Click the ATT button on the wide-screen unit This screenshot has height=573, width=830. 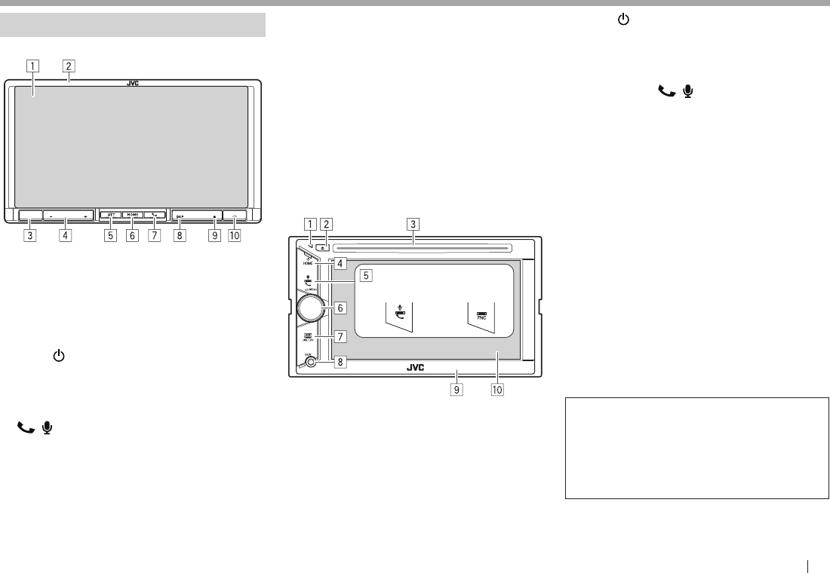pyautogui.click(x=111, y=216)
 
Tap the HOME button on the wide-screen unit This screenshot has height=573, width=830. pyautogui.click(x=132, y=216)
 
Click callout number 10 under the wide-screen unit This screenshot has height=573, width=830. pyautogui.click(x=234, y=235)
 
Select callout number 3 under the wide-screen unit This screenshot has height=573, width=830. pyautogui.click(x=30, y=235)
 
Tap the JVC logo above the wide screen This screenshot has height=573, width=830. pyautogui.click(x=133, y=83)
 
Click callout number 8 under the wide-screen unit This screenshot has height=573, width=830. pyautogui.click(x=180, y=235)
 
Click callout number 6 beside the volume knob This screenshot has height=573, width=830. pyautogui.click(x=341, y=308)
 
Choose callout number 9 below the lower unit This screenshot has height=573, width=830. pyautogui.click(x=456, y=390)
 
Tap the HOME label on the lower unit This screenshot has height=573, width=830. pyautogui.click(x=308, y=263)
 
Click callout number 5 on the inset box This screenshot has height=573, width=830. pyautogui.click(x=366, y=275)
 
